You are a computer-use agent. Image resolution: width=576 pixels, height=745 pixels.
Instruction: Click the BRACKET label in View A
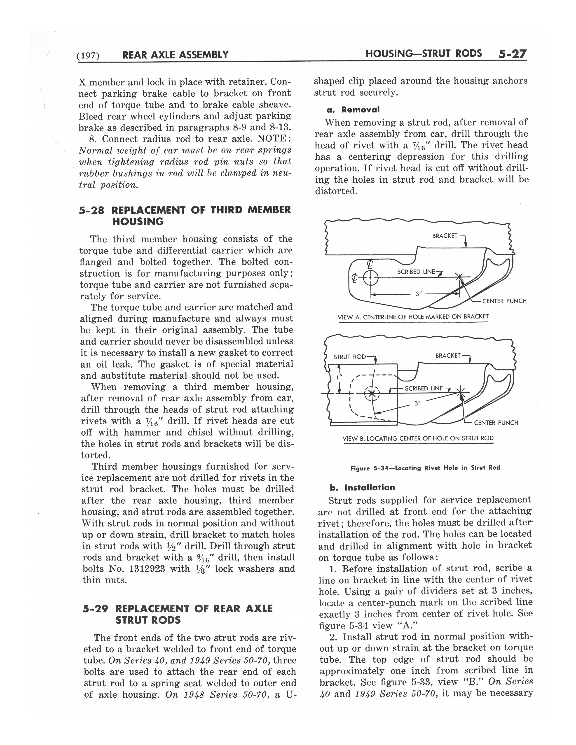444,236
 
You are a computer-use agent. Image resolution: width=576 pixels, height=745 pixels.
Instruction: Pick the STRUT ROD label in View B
349,357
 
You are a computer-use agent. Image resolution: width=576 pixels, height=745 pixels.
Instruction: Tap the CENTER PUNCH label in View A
504,301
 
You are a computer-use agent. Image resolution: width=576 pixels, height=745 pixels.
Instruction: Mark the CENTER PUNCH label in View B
496,423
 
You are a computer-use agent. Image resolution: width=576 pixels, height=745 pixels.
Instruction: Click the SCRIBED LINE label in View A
416,272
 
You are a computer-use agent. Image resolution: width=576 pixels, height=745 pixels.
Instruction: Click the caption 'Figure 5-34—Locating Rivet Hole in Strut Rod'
425,468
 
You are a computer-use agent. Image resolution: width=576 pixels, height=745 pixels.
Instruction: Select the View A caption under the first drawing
413,317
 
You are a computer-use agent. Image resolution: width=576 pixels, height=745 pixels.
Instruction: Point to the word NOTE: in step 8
274,139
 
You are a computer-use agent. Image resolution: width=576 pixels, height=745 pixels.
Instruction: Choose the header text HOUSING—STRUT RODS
424,54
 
